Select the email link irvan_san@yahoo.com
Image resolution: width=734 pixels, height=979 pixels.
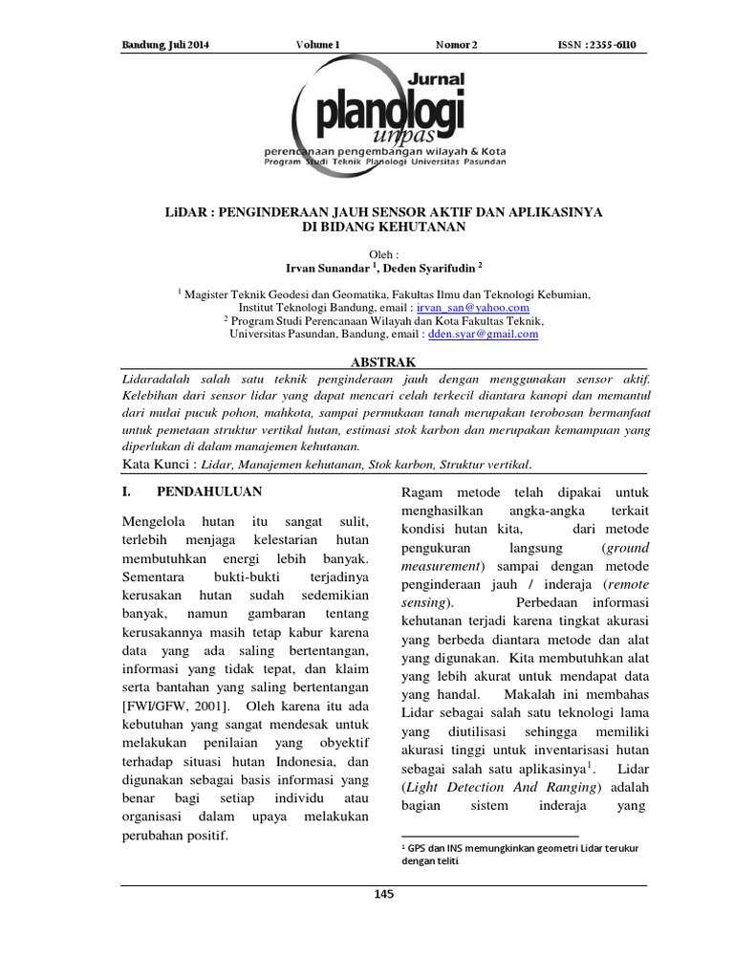point(472,309)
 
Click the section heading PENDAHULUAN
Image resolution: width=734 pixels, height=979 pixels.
point(208,491)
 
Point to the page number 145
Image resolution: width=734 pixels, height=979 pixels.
point(384,894)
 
